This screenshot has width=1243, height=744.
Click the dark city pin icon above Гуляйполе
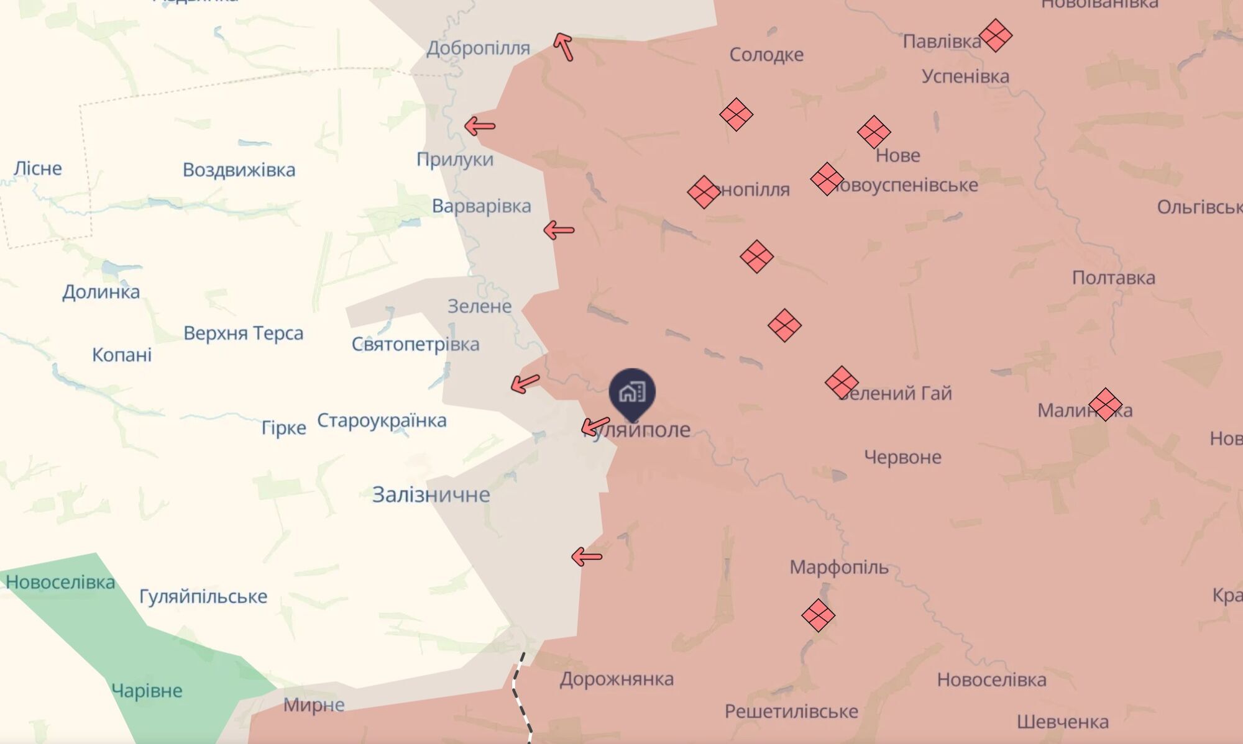(632, 392)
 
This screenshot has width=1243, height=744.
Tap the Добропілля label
(478, 48)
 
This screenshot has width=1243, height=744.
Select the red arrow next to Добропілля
(563, 47)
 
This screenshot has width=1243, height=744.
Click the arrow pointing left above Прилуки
(480, 126)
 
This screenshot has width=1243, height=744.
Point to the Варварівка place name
(481, 206)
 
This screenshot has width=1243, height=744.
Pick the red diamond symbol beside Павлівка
(995, 35)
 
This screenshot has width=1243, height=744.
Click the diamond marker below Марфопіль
(818, 615)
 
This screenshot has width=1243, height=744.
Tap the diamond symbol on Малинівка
(1105, 404)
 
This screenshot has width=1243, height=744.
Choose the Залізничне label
(431, 494)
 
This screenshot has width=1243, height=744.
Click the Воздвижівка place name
(239, 170)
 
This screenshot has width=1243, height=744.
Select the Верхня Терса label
(243, 333)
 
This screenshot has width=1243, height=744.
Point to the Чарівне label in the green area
(147, 691)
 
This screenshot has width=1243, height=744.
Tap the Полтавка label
(1113, 278)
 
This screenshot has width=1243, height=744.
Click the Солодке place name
(766, 55)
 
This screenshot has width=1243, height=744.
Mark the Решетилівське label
(791, 711)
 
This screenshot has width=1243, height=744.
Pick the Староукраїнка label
(382, 420)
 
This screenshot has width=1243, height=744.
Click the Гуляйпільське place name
(203, 596)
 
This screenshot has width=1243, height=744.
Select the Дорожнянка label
(617, 679)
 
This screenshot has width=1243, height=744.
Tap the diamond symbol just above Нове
(874, 132)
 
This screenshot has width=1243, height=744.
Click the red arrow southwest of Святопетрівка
(525, 383)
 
